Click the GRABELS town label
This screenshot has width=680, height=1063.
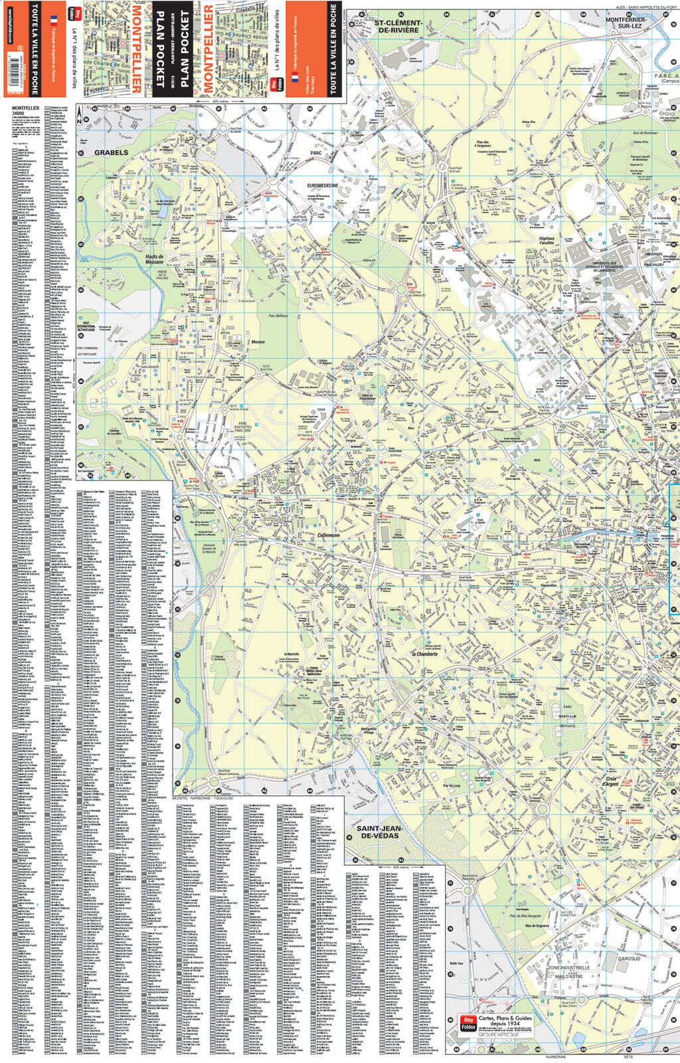(111, 153)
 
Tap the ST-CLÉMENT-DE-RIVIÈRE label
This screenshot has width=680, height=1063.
(398, 26)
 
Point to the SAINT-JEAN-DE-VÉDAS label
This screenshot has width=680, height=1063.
(379, 831)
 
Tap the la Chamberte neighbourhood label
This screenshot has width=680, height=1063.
(425, 654)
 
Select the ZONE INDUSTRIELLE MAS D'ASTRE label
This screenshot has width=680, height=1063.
(568, 971)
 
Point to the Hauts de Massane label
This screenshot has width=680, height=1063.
(154, 258)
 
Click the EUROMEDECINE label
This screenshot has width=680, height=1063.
(323, 185)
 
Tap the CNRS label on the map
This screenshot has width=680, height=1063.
(600, 204)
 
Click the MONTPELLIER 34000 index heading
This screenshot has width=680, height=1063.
(25, 110)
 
